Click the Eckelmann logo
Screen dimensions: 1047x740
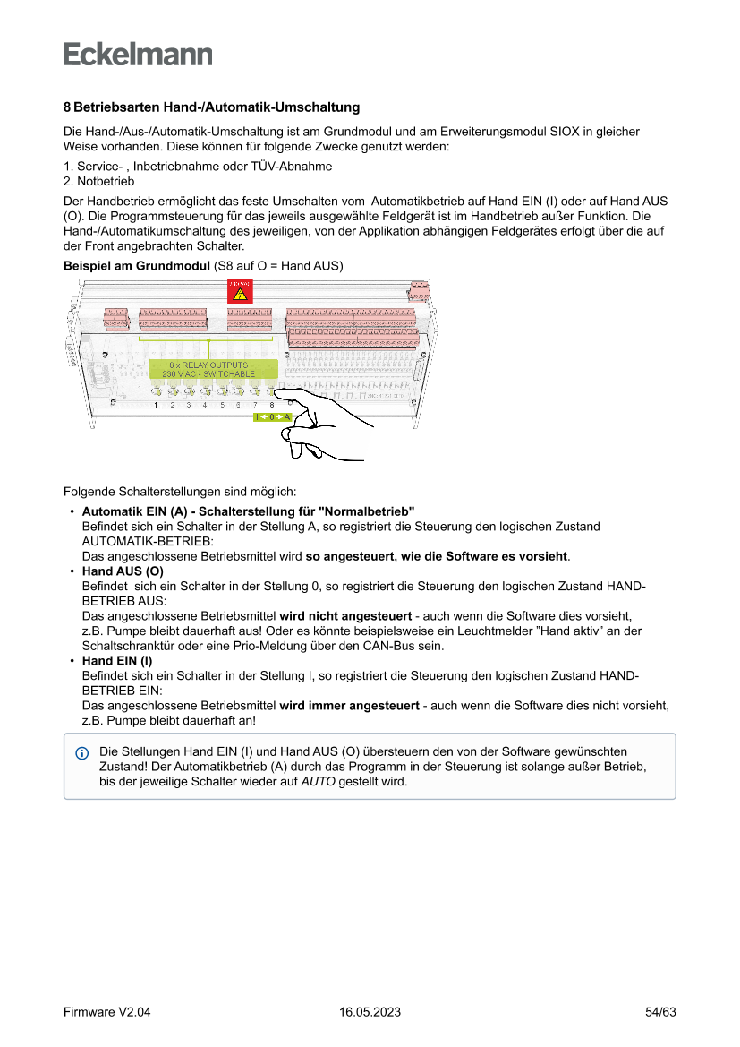click(x=138, y=54)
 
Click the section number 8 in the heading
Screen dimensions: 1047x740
click(x=67, y=107)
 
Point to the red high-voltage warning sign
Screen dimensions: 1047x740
click(x=240, y=291)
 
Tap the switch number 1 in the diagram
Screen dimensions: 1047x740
click(x=156, y=405)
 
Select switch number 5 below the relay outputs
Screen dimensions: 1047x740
click(x=222, y=405)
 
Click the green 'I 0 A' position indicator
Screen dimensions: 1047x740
click(x=273, y=417)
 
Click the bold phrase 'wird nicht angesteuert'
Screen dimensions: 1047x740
click(x=345, y=616)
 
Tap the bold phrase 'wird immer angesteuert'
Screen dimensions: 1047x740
click(x=349, y=706)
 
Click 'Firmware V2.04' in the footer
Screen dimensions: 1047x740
click(x=106, y=1012)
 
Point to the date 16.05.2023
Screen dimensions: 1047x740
click(x=370, y=1012)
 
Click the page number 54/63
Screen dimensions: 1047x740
click(x=660, y=1012)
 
